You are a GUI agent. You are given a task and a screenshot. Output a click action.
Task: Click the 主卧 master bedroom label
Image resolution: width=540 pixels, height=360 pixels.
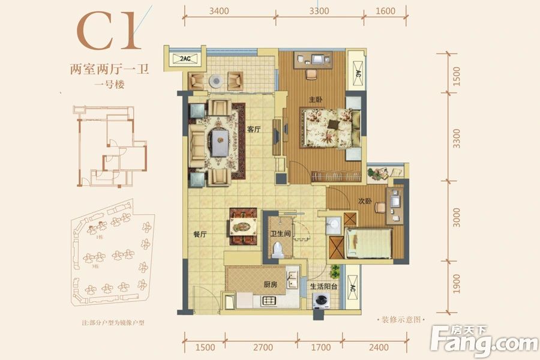[314, 100]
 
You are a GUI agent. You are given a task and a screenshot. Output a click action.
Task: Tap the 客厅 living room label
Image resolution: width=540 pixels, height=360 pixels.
[254, 128]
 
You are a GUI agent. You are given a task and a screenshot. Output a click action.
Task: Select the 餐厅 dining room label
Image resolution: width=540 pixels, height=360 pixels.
[199, 235]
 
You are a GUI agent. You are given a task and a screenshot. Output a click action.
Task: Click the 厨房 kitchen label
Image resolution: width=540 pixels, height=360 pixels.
[271, 284]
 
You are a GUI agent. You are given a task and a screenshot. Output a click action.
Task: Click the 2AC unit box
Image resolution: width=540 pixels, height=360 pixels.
[184, 59]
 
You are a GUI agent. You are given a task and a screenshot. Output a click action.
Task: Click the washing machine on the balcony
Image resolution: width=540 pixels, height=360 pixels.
[323, 301]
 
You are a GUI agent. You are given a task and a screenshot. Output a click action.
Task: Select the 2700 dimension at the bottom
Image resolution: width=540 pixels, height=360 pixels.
[263, 347]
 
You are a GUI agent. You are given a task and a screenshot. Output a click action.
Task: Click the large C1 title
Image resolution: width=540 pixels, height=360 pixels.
[110, 32]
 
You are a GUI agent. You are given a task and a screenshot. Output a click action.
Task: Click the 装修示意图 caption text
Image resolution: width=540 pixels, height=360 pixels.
[399, 320]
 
